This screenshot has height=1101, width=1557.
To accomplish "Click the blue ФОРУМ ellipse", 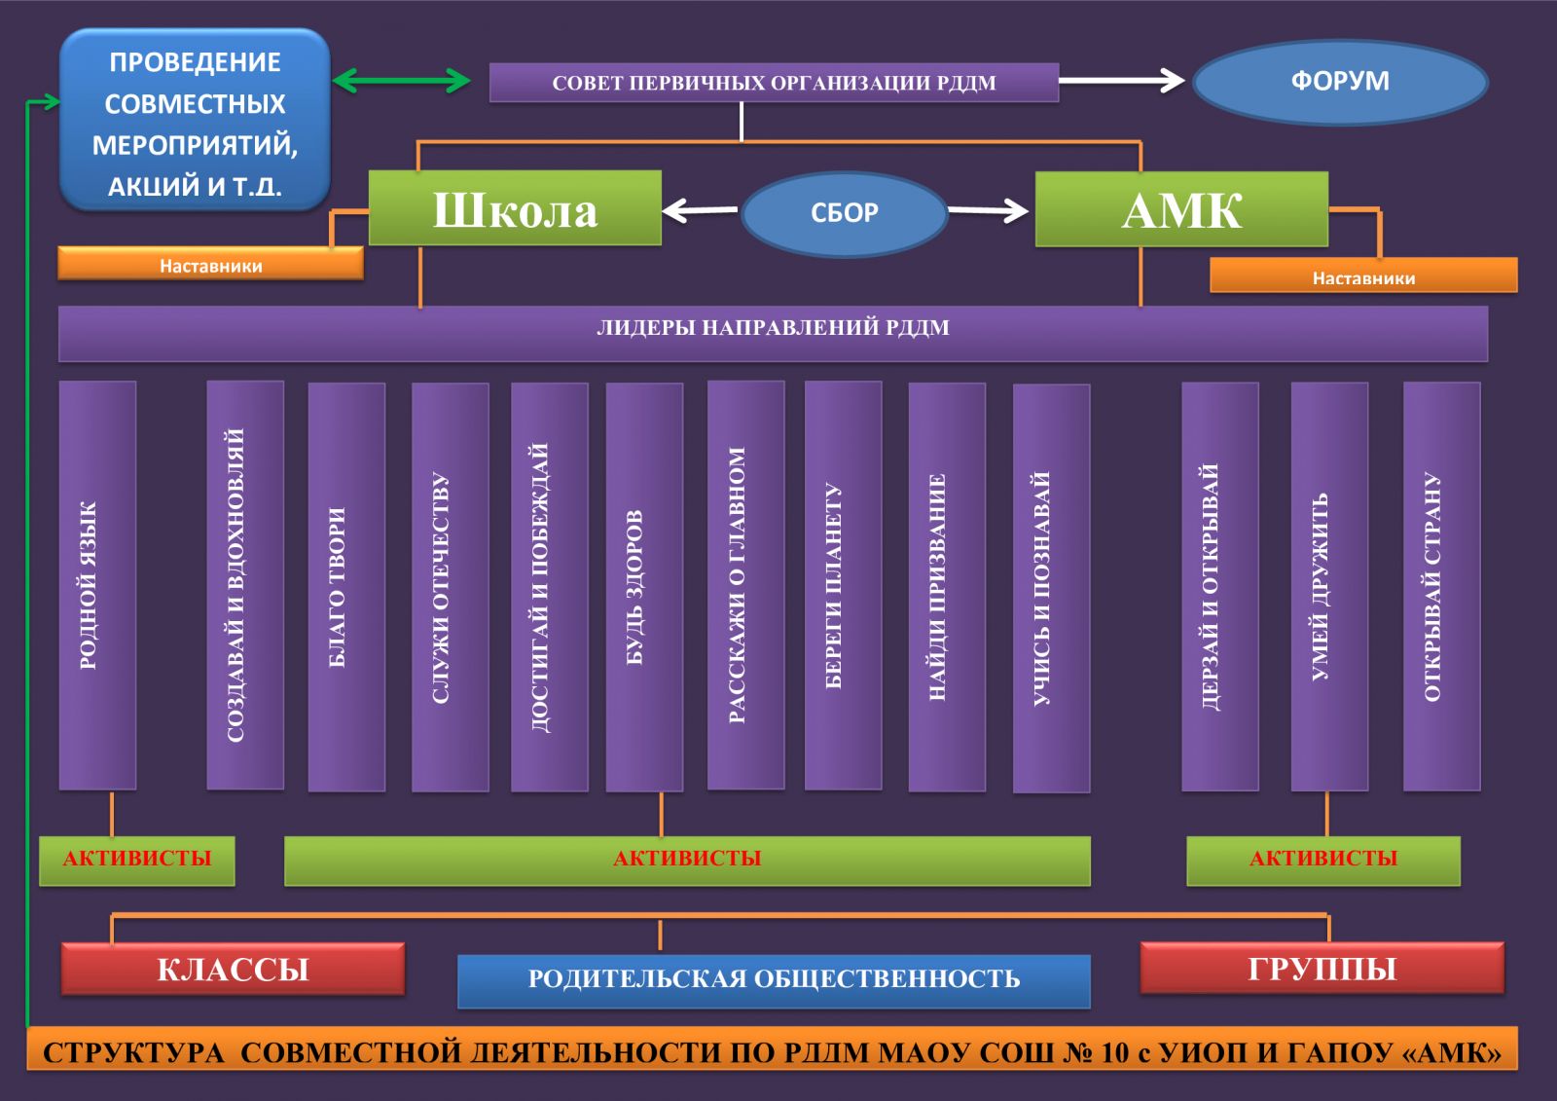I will [x=1340, y=82].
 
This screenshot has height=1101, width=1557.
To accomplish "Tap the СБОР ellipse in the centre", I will [x=844, y=213].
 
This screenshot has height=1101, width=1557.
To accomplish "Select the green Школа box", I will [x=515, y=208].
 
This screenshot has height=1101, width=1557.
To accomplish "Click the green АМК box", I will [x=1181, y=209].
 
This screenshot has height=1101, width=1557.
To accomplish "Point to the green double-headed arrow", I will [x=402, y=81].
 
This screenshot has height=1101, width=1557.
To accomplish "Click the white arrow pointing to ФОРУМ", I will [x=1121, y=81].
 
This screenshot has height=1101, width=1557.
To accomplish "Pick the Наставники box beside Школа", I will [x=210, y=264].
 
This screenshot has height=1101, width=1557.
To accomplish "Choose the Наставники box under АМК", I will [x=1362, y=276].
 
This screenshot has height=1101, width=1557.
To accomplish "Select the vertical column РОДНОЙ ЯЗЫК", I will [x=97, y=585].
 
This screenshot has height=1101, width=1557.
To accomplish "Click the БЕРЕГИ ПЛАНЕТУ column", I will [x=844, y=585].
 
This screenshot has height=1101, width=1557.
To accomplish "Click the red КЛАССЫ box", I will [x=233, y=970].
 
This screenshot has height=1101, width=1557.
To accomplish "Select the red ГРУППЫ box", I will [x=1322, y=969].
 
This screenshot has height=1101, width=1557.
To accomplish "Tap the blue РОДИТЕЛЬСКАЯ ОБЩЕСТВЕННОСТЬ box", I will [x=774, y=980].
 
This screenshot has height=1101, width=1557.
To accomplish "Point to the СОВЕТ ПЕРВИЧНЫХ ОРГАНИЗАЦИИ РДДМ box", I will [x=774, y=83].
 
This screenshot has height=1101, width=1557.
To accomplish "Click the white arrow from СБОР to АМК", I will [x=988, y=210].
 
